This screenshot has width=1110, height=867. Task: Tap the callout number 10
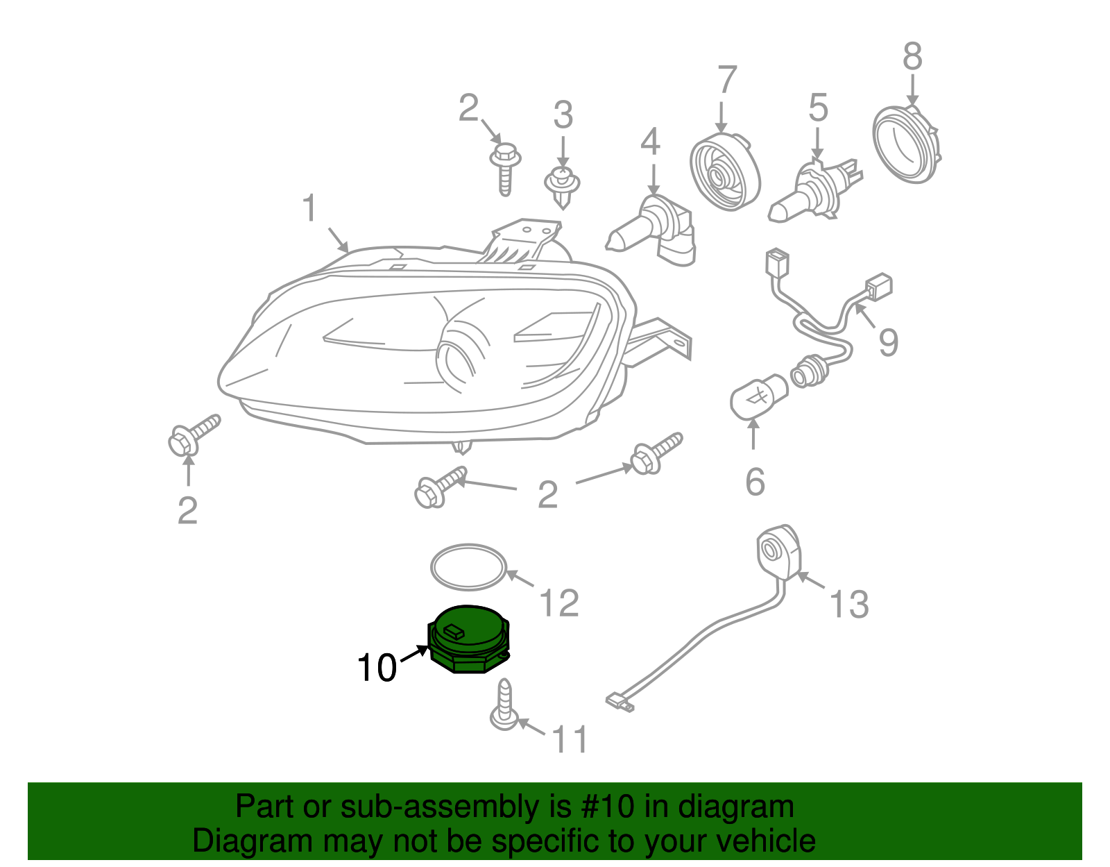[376, 668]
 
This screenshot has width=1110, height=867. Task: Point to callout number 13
[848, 604]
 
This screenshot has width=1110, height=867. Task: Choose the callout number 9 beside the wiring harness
[888, 342]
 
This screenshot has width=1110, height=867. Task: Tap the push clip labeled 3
[562, 185]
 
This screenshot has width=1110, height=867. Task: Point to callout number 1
[309, 208]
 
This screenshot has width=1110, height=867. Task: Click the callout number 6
[755, 482]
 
